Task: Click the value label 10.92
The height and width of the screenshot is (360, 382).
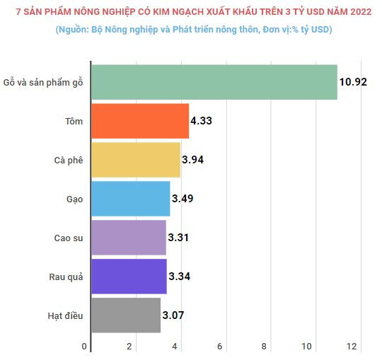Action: click(x=353, y=81)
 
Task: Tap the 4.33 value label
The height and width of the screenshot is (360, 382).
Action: click(x=202, y=121)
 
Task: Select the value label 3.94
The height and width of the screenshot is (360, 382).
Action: click(x=193, y=160)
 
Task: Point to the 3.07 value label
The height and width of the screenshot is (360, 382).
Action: click(x=173, y=315)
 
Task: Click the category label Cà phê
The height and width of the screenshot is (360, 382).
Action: click(x=69, y=161)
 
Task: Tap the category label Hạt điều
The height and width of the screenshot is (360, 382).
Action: click(x=66, y=316)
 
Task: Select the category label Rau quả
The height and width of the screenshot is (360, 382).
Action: click(x=66, y=277)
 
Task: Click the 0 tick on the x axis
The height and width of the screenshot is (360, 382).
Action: click(x=85, y=347)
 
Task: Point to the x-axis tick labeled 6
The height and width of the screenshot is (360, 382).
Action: click(x=219, y=347)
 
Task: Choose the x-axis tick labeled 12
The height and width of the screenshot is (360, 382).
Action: click(x=352, y=347)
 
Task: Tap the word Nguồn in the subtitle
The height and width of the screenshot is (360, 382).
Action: click(x=73, y=30)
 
